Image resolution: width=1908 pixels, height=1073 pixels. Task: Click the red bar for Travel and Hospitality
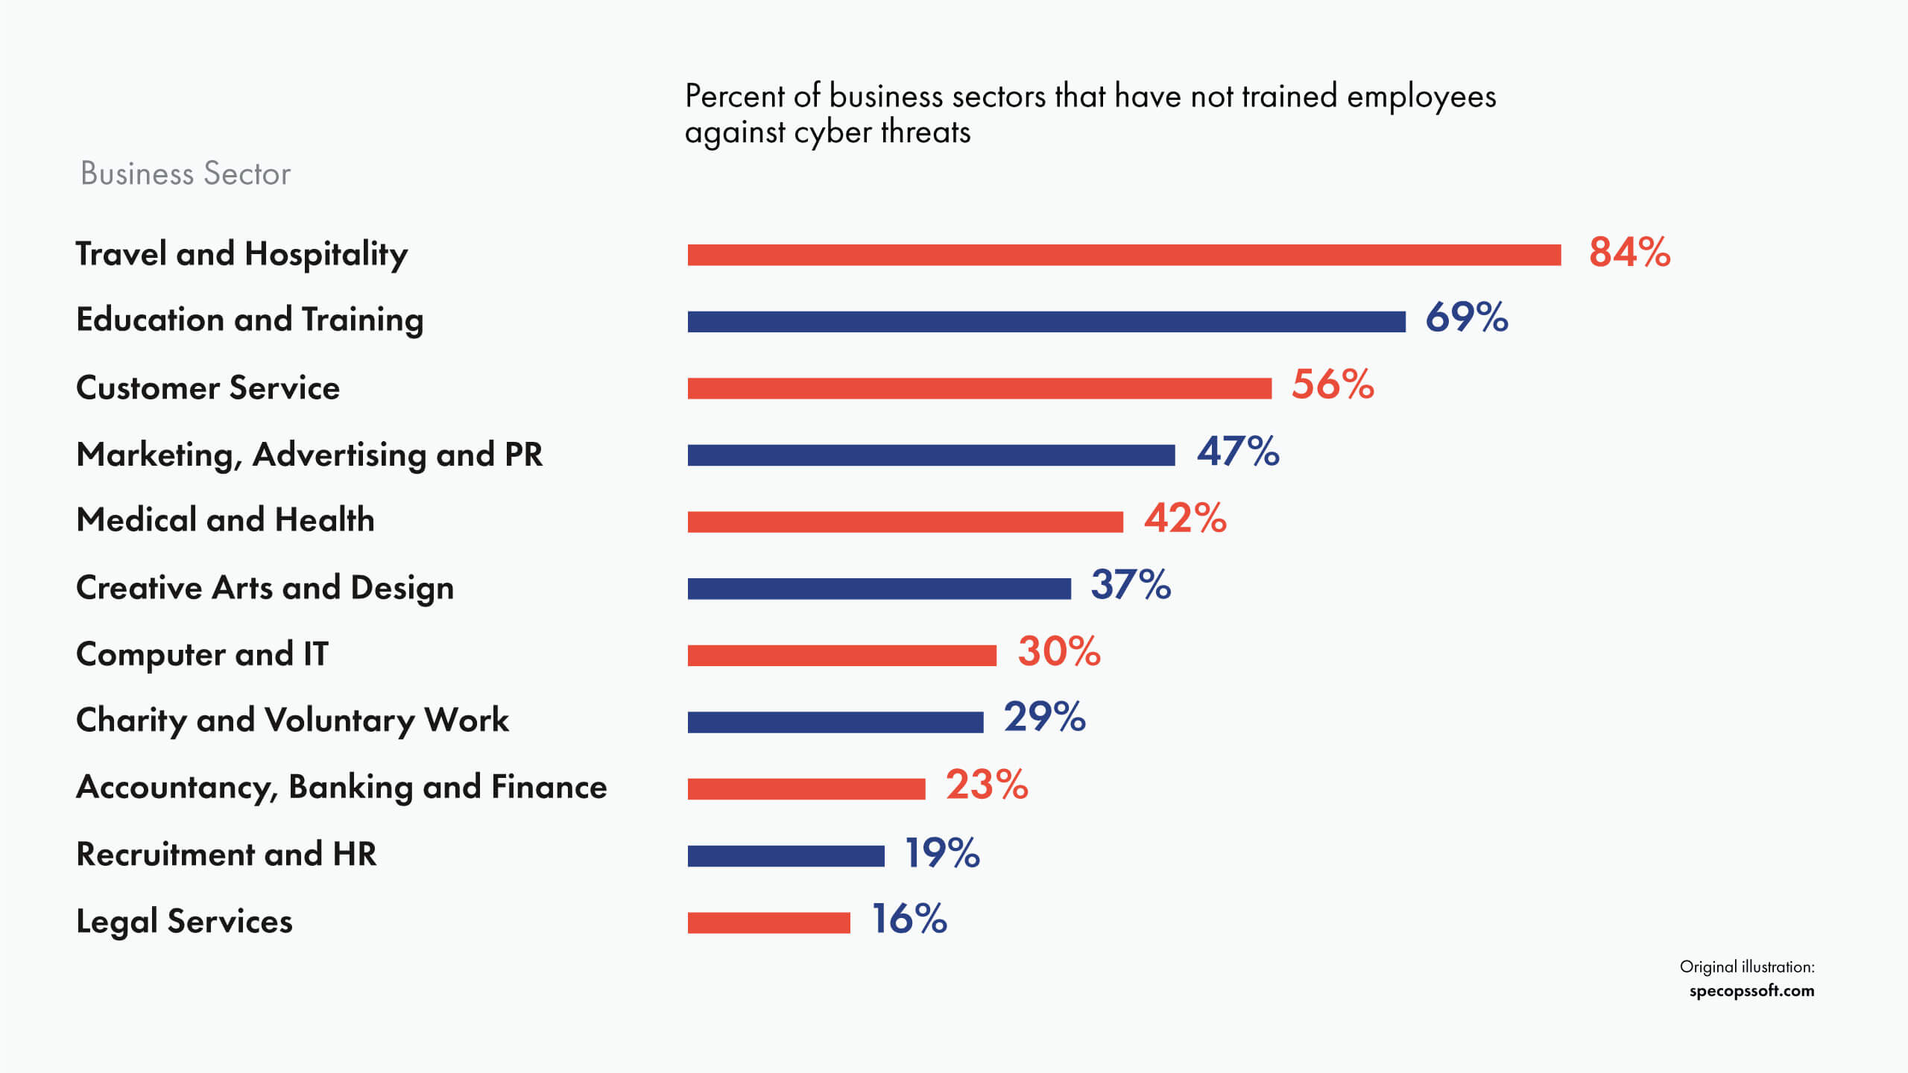coord(1124,255)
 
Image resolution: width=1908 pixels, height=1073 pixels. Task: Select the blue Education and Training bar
coord(1046,322)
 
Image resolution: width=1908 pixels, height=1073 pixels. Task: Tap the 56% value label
coord(1333,385)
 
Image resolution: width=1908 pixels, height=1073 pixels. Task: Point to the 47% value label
coord(1238,452)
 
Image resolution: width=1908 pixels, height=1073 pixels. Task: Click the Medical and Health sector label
coord(225,519)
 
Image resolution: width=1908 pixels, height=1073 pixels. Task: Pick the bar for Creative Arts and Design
coord(879,589)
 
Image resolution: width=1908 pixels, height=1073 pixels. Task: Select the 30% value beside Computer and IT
coord(1059,651)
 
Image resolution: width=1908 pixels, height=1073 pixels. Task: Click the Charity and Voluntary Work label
coord(292,721)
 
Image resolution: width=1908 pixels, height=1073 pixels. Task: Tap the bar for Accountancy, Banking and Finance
coord(806,788)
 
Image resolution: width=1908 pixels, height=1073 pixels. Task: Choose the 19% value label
coord(942,853)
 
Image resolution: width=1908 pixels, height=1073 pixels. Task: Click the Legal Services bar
coord(768,922)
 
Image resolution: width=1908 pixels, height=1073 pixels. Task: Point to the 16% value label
coord(909,919)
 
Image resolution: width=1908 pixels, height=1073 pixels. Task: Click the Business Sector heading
coord(186,174)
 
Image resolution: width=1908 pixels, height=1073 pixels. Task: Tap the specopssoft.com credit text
coord(1751,991)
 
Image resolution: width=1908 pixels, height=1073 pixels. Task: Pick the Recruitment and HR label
coord(227,854)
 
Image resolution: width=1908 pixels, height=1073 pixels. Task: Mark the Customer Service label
coord(208,388)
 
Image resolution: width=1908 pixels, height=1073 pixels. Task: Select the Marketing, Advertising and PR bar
coord(931,455)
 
